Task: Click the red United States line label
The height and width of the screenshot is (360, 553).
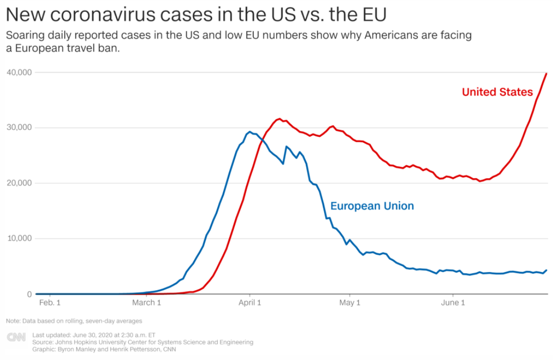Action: click(497, 92)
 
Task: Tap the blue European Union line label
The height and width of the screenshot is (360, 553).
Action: click(372, 206)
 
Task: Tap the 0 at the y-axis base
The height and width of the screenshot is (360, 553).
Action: click(30, 294)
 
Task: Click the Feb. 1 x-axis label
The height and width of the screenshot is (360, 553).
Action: click(50, 303)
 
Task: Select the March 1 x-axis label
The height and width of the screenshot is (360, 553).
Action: click(147, 303)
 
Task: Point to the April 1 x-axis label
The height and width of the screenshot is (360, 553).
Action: click(250, 303)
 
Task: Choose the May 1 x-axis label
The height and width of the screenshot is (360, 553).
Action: click(350, 303)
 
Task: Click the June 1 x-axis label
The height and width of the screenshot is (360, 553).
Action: click(453, 303)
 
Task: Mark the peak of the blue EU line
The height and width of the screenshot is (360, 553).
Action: click(249, 131)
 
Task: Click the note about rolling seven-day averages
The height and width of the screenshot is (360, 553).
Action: click(74, 321)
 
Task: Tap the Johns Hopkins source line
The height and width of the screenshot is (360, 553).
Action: click(143, 342)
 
